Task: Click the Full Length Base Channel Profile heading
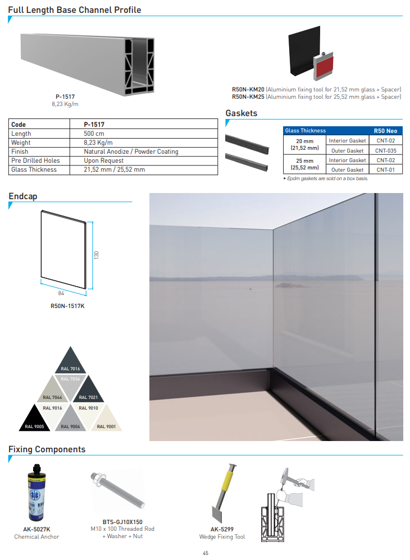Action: coord(75,10)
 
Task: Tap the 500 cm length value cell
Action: coord(94,134)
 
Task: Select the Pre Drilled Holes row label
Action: coord(35,160)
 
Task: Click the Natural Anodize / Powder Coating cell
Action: coord(131,152)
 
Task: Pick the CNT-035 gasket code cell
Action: coord(386,150)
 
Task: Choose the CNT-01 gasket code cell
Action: coord(386,169)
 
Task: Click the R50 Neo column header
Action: coord(385,131)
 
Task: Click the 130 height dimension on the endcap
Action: coord(96,255)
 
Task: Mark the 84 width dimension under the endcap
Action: coord(62,293)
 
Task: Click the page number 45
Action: coord(206,553)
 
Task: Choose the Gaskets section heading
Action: coord(242,113)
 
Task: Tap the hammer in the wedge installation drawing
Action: coord(289,475)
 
